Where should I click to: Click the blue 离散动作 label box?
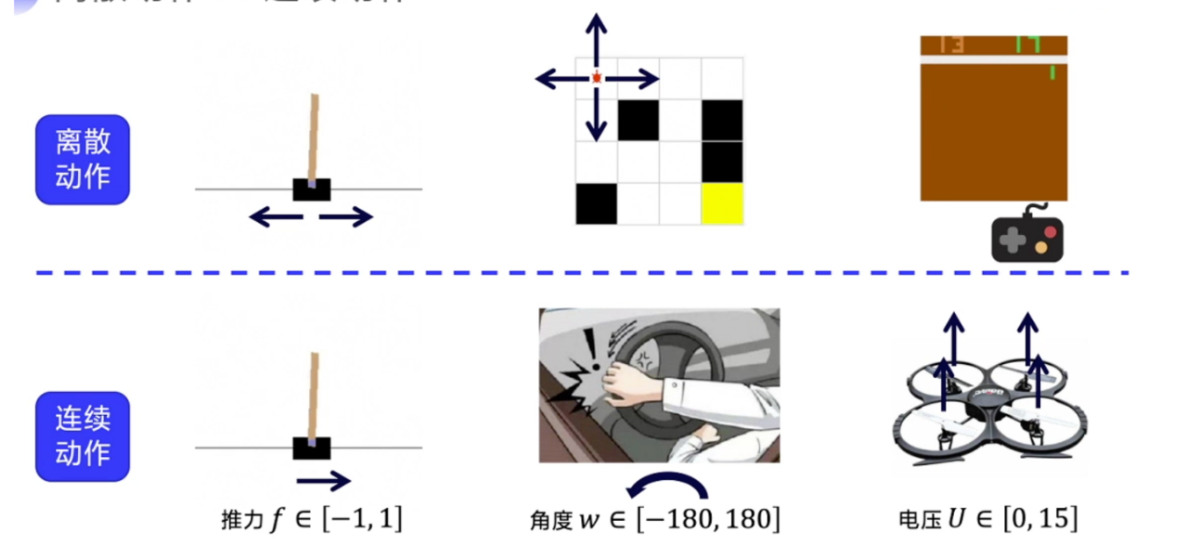coord(83,159)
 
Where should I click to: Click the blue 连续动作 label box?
coord(83,436)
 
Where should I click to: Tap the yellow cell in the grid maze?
coord(722,203)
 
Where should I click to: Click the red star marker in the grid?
coord(597,79)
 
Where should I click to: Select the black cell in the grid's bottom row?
coord(596,203)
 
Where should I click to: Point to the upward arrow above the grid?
coord(597,37)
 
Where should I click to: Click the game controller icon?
coord(1027,237)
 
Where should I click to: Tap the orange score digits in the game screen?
coord(951,45)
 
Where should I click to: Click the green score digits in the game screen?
coord(1028,45)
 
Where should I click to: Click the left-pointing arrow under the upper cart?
coord(277,217)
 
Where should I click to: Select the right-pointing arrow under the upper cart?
coord(345,217)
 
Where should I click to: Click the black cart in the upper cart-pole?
coord(312,189)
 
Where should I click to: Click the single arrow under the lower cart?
coord(323,481)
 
